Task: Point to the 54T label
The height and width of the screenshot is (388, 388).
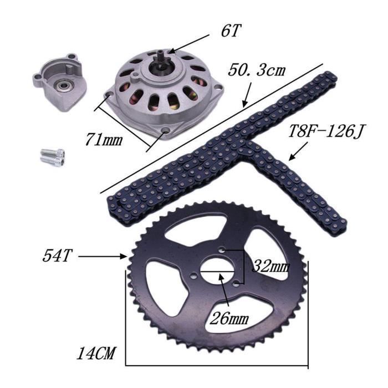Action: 58,257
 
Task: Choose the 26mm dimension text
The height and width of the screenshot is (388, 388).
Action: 228,319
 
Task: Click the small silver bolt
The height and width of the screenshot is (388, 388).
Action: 53,155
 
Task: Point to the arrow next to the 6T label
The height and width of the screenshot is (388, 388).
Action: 192,43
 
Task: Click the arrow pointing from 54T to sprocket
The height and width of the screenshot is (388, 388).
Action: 103,257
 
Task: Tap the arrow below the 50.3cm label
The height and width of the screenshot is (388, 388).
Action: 247,94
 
